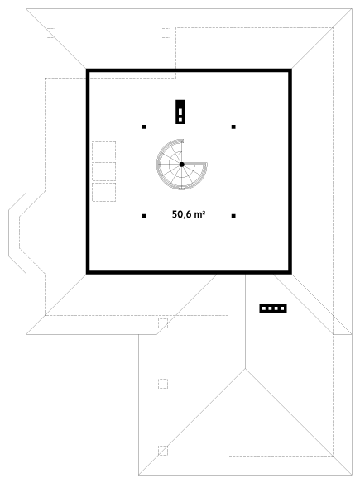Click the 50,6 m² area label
click(x=189, y=214)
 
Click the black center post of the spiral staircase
click(x=182, y=165)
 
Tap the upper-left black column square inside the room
click(x=144, y=127)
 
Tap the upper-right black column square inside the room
click(x=233, y=127)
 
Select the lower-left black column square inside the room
click(x=144, y=216)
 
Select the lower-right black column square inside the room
click(x=233, y=216)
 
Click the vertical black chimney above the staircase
click(x=180, y=112)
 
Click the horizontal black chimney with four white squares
click(x=273, y=308)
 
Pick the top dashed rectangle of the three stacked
click(x=104, y=151)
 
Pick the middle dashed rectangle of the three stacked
click(x=104, y=171)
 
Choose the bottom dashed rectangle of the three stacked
click(x=104, y=192)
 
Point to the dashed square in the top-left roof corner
click(x=50, y=33)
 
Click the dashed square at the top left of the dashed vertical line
click(x=166, y=33)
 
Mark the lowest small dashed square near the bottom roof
click(x=163, y=451)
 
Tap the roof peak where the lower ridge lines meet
click(x=245, y=368)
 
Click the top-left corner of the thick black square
click(x=86, y=69)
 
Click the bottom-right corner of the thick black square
click(x=291, y=274)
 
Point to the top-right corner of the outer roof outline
click(x=352, y=8)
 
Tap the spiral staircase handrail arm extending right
click(x=194, y=163)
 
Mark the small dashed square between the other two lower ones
click(x=163, y=384)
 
